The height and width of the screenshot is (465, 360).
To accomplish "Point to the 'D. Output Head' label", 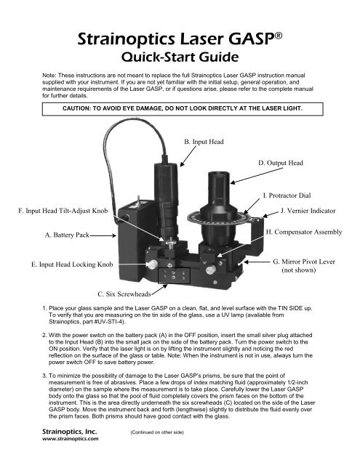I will click(280, 163).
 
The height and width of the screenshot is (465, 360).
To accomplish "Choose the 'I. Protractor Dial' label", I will click(285, 195).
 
